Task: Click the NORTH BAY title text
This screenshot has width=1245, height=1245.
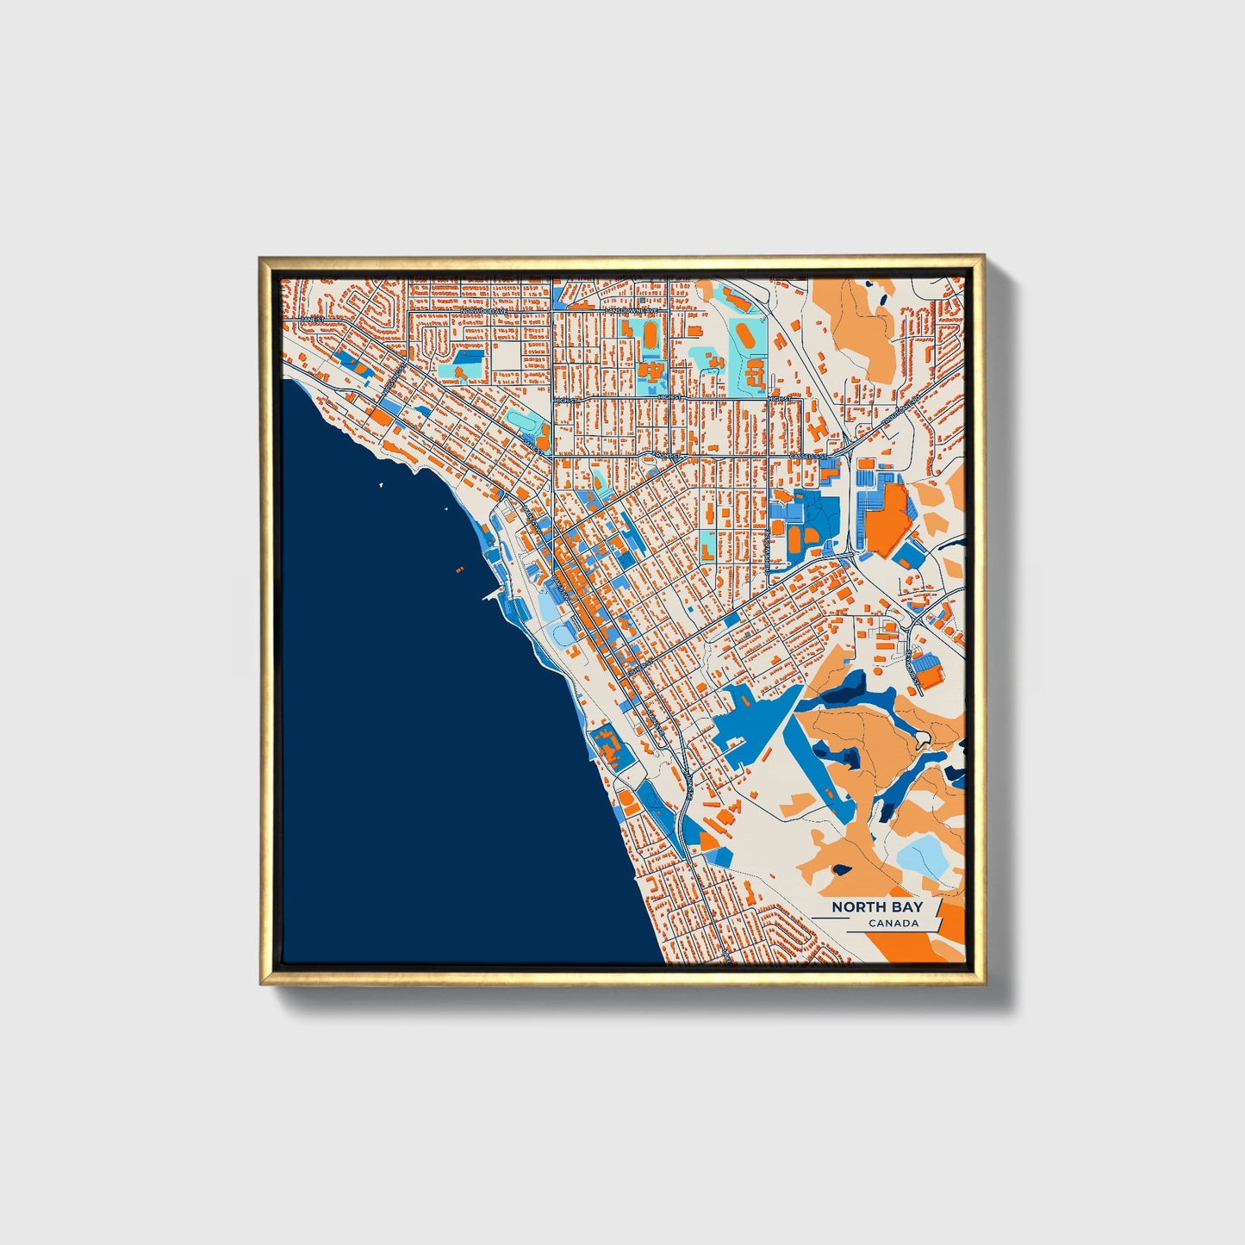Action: pyautogui.click(x=876, y=906)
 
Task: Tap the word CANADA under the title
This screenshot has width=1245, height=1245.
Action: pyautogui.click(x=893, y=924)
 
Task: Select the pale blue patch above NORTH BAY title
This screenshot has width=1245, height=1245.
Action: pyautogui.click(x=920, y=853)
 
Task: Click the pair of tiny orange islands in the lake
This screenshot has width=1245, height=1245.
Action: pyautogui.click(x=458, y=570)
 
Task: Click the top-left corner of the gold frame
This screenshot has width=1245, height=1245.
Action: pyautogui.click(x=261, y=258)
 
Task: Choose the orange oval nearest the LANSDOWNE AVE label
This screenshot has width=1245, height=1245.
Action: pyautogui.click(x=648, y=331)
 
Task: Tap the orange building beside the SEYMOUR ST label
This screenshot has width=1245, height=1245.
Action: pyautogui.click(x=927, y=669)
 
